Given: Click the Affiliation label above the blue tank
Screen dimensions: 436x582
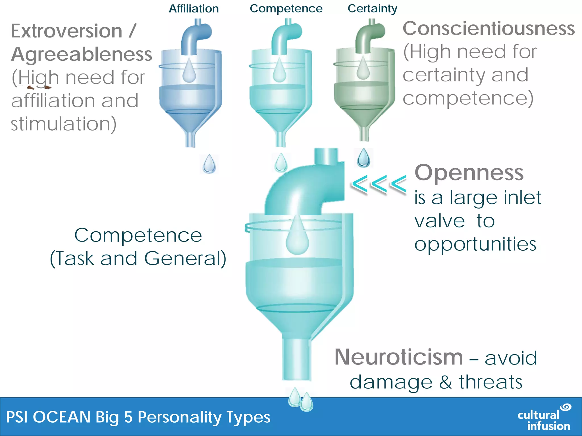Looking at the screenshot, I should [x=194, y=9].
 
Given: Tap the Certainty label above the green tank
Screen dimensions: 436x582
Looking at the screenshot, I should [x=372, y=9].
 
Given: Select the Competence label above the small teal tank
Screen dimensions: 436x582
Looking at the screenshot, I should [x=286, y=9].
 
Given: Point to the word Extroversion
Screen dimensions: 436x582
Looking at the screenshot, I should [x=66, y=31].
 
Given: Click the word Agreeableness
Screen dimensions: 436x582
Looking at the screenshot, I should [x=82, y=54].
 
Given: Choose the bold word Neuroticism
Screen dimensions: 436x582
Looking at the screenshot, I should [x=399, y=357].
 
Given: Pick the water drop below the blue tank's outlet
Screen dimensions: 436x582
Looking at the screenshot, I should [x=209, y=164].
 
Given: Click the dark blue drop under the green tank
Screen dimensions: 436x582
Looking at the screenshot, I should [x=363, y=158].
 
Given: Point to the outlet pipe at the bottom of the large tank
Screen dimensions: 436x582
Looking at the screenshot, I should [x=297, y=359].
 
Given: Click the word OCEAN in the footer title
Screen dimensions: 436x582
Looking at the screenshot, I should [x=63, y=417].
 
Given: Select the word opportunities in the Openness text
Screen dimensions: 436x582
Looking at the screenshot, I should [x=475, y=244].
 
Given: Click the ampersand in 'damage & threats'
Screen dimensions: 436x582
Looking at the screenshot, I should [x=445, y=382].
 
